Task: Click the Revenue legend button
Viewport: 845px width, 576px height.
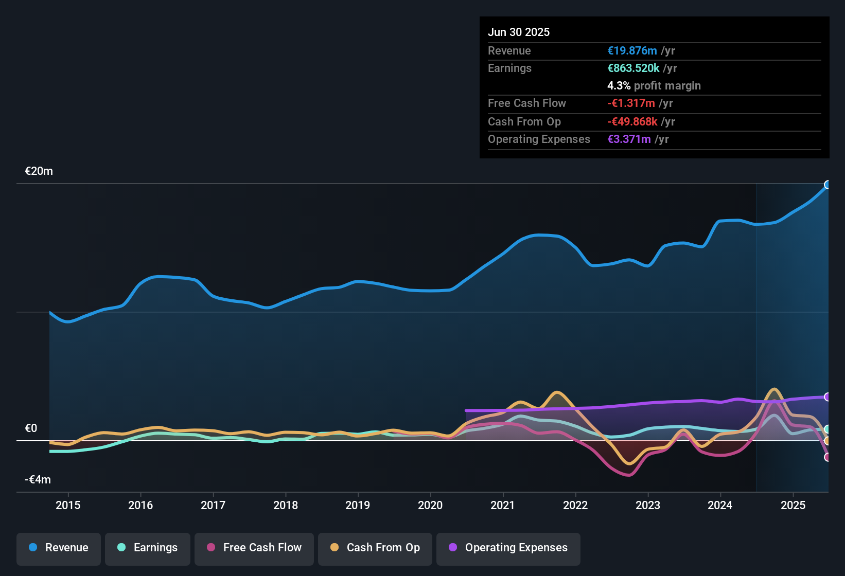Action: [59, 548]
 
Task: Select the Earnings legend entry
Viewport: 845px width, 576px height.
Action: [148, 548]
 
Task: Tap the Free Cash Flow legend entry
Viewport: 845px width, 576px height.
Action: [254, 548]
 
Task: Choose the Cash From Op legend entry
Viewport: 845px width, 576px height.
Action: [375, 548]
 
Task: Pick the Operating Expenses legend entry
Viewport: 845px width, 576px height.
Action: [508, 548]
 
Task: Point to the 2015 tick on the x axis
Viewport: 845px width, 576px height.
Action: [68, 505]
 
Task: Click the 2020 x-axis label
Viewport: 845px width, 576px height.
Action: [430, 505]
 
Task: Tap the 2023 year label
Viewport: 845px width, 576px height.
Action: [648, 505]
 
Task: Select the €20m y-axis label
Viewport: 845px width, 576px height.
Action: [39, 171]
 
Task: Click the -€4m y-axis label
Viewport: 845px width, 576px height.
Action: [38, 480]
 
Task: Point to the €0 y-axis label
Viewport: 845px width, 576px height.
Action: [31, 428]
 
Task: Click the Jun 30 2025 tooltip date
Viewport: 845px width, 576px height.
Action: [519, 32]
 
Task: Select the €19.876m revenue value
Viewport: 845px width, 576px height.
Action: [632, 50]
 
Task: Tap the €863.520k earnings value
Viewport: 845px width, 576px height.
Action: [633, 68]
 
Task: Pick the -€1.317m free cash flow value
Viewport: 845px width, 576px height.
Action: [631, 103]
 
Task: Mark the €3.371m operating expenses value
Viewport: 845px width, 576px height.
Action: [629, 139]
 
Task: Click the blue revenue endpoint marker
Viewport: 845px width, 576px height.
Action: [828, 185]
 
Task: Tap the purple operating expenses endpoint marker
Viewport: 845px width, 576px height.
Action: [828, 397]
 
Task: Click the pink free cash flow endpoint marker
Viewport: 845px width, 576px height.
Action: [828, 457]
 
